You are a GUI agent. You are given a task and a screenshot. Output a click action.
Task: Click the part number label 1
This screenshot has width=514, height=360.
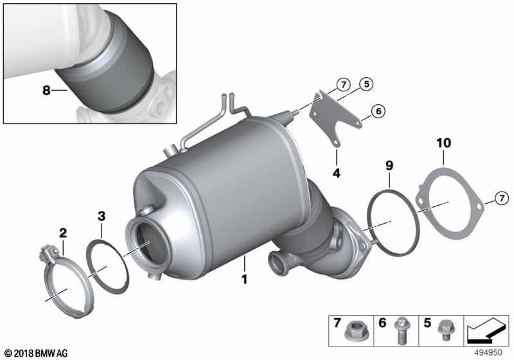tap(245, 280)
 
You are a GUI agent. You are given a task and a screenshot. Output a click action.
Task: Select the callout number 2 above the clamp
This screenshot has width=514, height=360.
tap(63, 233)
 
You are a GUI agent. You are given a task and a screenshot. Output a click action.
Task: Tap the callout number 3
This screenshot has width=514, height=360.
tap(102, 216)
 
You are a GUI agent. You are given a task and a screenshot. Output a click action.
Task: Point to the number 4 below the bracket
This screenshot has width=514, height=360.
tap(337, 173)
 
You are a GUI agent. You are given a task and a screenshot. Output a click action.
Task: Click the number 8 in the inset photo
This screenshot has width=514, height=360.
tap(46, 89)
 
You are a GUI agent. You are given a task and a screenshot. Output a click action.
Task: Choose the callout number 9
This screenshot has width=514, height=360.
tap(389, 166)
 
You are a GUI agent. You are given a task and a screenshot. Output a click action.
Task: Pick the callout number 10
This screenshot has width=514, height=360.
tap(443, 143)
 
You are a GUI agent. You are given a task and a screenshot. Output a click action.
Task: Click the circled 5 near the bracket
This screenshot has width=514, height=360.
tap(366, 84)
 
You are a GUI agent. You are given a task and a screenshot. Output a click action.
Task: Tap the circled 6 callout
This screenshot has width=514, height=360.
tap(378, 111)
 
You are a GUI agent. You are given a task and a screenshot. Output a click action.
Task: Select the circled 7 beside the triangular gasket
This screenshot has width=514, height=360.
tap(502, 199)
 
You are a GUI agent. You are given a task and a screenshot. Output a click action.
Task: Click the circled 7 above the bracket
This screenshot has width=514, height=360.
tap(344, 85)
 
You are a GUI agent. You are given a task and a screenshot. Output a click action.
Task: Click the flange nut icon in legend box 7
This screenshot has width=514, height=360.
tap(353, 331)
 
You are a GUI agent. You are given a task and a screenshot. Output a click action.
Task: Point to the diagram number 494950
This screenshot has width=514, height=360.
tap(488, 352)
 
